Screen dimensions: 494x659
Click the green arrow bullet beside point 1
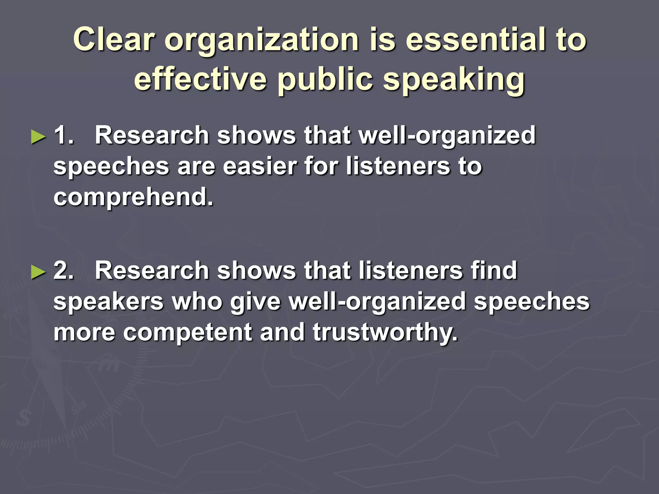(x=38, y=137)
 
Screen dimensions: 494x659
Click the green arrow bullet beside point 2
(x=38, y=272)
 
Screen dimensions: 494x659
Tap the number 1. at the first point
(x=64, y=135)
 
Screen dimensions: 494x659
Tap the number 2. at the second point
(x=64, y=270)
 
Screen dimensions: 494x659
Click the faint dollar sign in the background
(x=23, y=418)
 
